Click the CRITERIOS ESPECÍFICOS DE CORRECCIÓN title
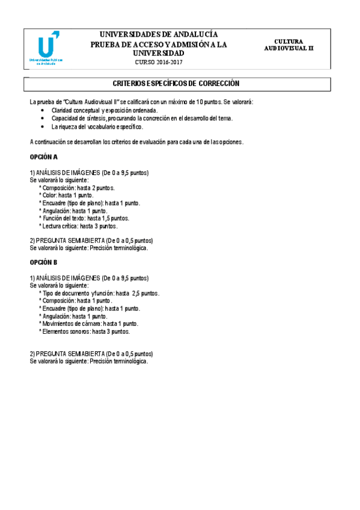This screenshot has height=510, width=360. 176,84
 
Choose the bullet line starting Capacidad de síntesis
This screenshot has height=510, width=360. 142,118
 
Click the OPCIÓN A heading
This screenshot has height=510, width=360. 44,156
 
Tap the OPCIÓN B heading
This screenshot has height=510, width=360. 44,262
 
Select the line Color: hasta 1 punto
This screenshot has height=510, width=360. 67,195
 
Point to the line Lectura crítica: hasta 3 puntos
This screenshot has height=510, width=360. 79,226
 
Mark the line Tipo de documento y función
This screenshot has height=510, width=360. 100,293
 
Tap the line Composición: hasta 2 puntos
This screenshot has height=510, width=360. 77,188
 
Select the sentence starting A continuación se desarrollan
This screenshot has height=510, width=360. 136,142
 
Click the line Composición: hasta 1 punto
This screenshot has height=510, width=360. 76,300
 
